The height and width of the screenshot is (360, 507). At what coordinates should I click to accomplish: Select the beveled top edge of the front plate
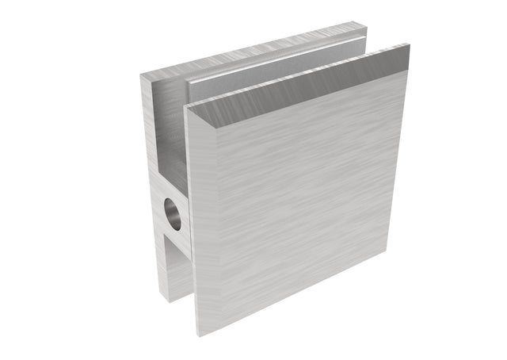click(x=301, y=88)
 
